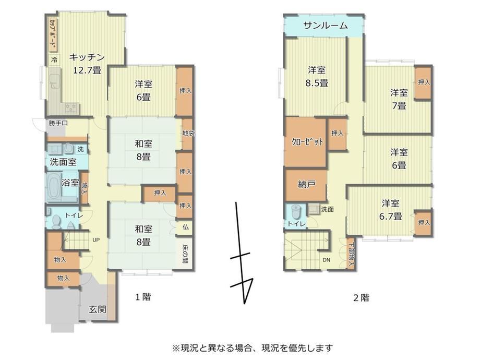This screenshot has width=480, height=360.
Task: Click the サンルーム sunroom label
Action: coord(326,26)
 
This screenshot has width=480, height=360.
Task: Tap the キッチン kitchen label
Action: coord(87,57)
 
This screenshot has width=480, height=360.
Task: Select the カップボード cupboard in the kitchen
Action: coord(53,34)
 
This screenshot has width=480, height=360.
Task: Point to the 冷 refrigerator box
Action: coord(54,59)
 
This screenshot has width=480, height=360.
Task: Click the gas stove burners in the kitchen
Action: coord(71,107)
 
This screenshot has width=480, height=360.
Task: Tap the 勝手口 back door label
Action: coord(58,123)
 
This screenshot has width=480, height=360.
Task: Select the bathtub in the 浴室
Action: coord(54,186)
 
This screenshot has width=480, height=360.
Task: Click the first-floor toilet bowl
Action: coord(56,222)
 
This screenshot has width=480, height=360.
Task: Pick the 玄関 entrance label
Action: coord(98,309)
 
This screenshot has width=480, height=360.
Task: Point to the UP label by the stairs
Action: coord(96,240)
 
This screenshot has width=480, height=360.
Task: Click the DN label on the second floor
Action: coord(326,260)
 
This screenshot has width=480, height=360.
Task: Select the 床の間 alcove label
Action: coord(186,254)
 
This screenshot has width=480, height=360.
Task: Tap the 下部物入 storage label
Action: coord(351,255)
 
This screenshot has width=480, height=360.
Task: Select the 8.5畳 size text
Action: coord(317,83)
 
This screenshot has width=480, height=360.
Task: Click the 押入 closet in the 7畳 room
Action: coord(424,82)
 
